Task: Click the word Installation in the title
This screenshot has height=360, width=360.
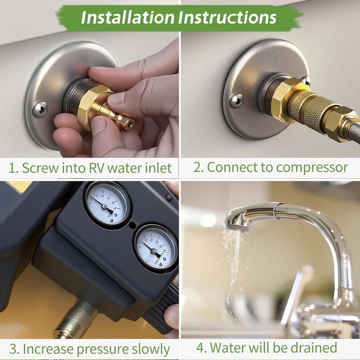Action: click(x=127, y=18)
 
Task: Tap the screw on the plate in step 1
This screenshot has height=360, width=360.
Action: click(x=40, y=109)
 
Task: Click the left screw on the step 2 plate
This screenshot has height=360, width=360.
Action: click(x=236, y=101)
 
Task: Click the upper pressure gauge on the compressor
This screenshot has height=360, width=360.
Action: click(x=107, y=204)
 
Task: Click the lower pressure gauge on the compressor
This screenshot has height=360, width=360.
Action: click(x=156, y=248)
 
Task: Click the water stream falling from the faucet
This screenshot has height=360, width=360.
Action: click(x=230, y=267)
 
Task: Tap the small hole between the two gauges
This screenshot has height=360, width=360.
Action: click(x=132, y=225)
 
